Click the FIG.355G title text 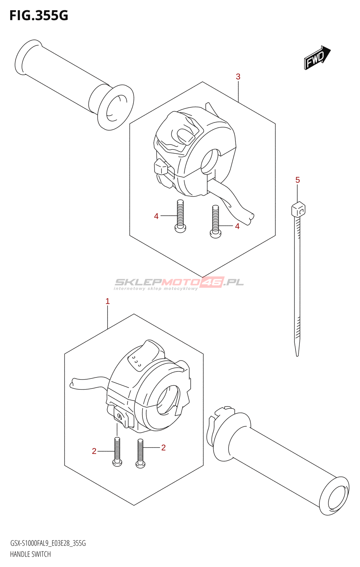(39, 16)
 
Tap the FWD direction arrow (317, 57)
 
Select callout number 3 (238, 77)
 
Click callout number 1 (108, 301)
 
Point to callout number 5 (298, 180)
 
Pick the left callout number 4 (156, 216)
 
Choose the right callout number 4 (237, 226)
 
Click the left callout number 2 (94, 451)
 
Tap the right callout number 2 (163, 448)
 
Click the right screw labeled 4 (215, 222)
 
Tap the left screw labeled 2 (117, 452)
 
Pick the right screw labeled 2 (141, 454)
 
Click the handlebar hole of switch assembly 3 (210, 161)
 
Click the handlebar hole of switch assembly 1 (168, 399)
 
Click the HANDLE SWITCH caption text (30, 554)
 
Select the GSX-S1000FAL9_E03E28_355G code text (48, 543)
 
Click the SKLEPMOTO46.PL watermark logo (179, 283)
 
